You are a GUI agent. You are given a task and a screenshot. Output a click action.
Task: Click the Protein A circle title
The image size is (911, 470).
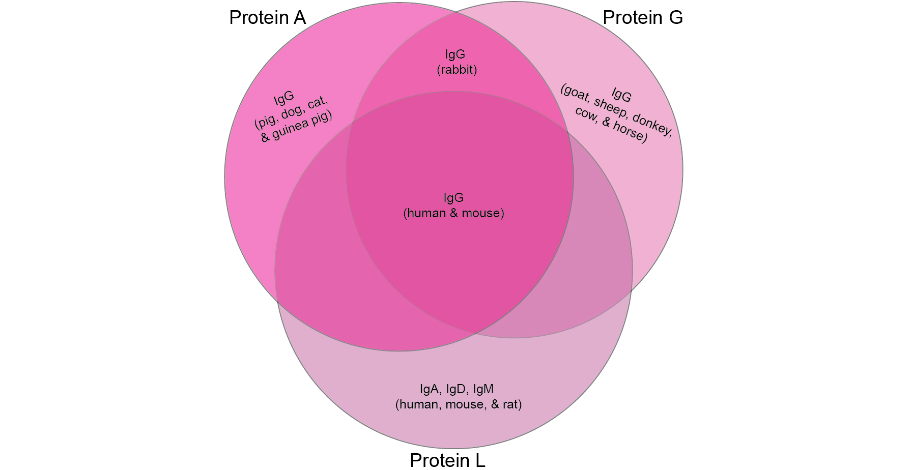(x=267, y=18)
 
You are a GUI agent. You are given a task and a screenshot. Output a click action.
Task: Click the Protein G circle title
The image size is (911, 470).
(x=642, y=18)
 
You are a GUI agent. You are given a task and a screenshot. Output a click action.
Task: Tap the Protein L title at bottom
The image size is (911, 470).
(x=447, y=460)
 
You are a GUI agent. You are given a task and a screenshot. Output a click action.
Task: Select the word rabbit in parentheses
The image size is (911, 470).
(x=457, y=70)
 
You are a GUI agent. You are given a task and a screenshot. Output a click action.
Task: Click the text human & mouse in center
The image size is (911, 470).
(x=453, y=213)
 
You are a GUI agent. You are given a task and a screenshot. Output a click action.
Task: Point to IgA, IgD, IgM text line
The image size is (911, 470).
(x=457, y=389)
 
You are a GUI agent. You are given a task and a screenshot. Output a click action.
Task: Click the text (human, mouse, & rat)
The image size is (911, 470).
(x=459, y=404)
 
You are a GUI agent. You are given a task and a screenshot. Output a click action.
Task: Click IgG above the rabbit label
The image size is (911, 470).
(x=455, y=54)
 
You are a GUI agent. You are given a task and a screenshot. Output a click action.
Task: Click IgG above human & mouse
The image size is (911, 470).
(x=453, y=198)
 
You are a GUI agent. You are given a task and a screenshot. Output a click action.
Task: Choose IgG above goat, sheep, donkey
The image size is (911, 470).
(x=621, y=95)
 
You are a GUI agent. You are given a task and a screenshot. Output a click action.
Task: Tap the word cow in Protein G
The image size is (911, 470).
(x=586, y=114)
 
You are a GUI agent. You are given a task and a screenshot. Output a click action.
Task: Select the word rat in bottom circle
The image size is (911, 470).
(x=510, y=404)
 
